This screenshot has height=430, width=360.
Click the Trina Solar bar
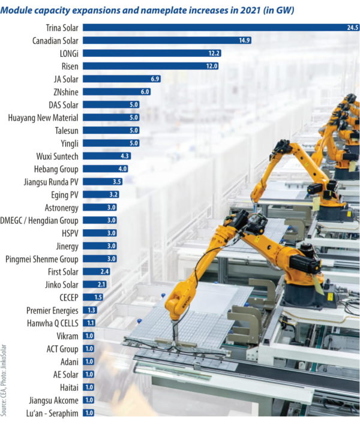coord(210,28)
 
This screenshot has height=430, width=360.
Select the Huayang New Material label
coord(44,118)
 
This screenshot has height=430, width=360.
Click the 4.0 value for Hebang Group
coord(122,169)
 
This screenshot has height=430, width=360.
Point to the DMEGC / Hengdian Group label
coord(40,220)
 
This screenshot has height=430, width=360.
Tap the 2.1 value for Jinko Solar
coord(101,284)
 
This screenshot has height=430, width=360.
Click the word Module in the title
coord(20,10)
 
